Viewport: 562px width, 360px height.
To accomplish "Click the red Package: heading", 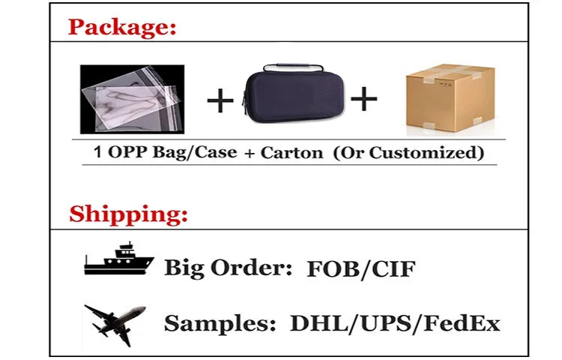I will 122,28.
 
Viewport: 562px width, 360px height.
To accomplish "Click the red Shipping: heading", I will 128,214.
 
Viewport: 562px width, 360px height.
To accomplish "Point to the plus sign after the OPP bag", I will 220,100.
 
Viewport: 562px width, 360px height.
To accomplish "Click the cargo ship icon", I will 118,259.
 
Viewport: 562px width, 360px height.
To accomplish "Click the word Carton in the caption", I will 292,153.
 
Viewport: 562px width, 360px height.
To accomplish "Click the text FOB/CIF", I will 360,268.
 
